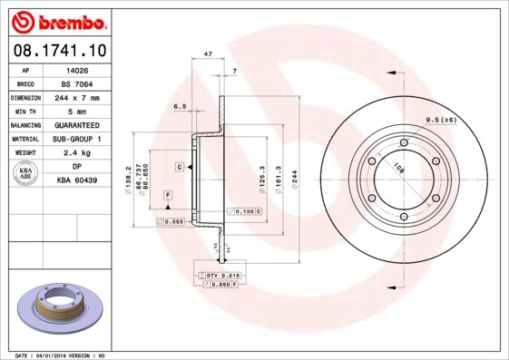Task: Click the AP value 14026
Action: [x=76, y=69]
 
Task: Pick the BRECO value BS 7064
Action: [x=76, y=83]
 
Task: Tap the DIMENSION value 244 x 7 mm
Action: [x=76, y=97]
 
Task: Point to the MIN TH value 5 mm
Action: [x=76, y=111]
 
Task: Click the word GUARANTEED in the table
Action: [x=76, y=124]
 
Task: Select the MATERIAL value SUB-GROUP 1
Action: [x=76, y=139]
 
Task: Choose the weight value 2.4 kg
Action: [x=76, y=152]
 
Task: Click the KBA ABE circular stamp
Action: [x=26, y=174]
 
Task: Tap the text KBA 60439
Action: [x=76, y=180]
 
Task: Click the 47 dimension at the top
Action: [x=208, y=55]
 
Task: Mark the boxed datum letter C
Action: [x=180, y=168]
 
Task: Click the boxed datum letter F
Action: [x=167, y=196]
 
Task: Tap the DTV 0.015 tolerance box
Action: [x=221, y=275]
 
